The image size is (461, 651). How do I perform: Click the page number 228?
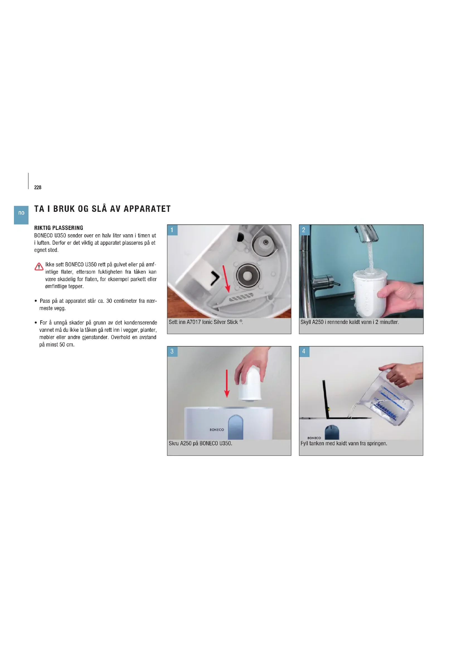coord(38,187)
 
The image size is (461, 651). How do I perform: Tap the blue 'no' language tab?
coord(21,215)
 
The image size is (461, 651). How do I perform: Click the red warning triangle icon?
coord(39,267)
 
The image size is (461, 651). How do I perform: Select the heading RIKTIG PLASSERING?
coord(59,228)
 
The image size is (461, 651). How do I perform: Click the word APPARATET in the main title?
coord(147,209)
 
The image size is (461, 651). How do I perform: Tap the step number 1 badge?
coord(172,230)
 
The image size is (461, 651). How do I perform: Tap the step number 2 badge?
coord(304,230)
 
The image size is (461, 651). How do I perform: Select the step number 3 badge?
coord(172,351)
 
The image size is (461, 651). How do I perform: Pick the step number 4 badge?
coord(304,351)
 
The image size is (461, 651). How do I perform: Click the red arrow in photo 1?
coord(226,279)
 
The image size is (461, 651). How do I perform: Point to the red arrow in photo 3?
coord(227,384)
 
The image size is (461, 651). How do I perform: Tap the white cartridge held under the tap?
coord(370,293)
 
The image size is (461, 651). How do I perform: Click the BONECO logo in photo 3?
coord(217,429)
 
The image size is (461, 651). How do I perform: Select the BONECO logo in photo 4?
coord(314,438)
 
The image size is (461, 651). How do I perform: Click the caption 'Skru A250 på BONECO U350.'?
coord(200,443)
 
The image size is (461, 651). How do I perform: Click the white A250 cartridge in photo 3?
coord(250,384)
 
